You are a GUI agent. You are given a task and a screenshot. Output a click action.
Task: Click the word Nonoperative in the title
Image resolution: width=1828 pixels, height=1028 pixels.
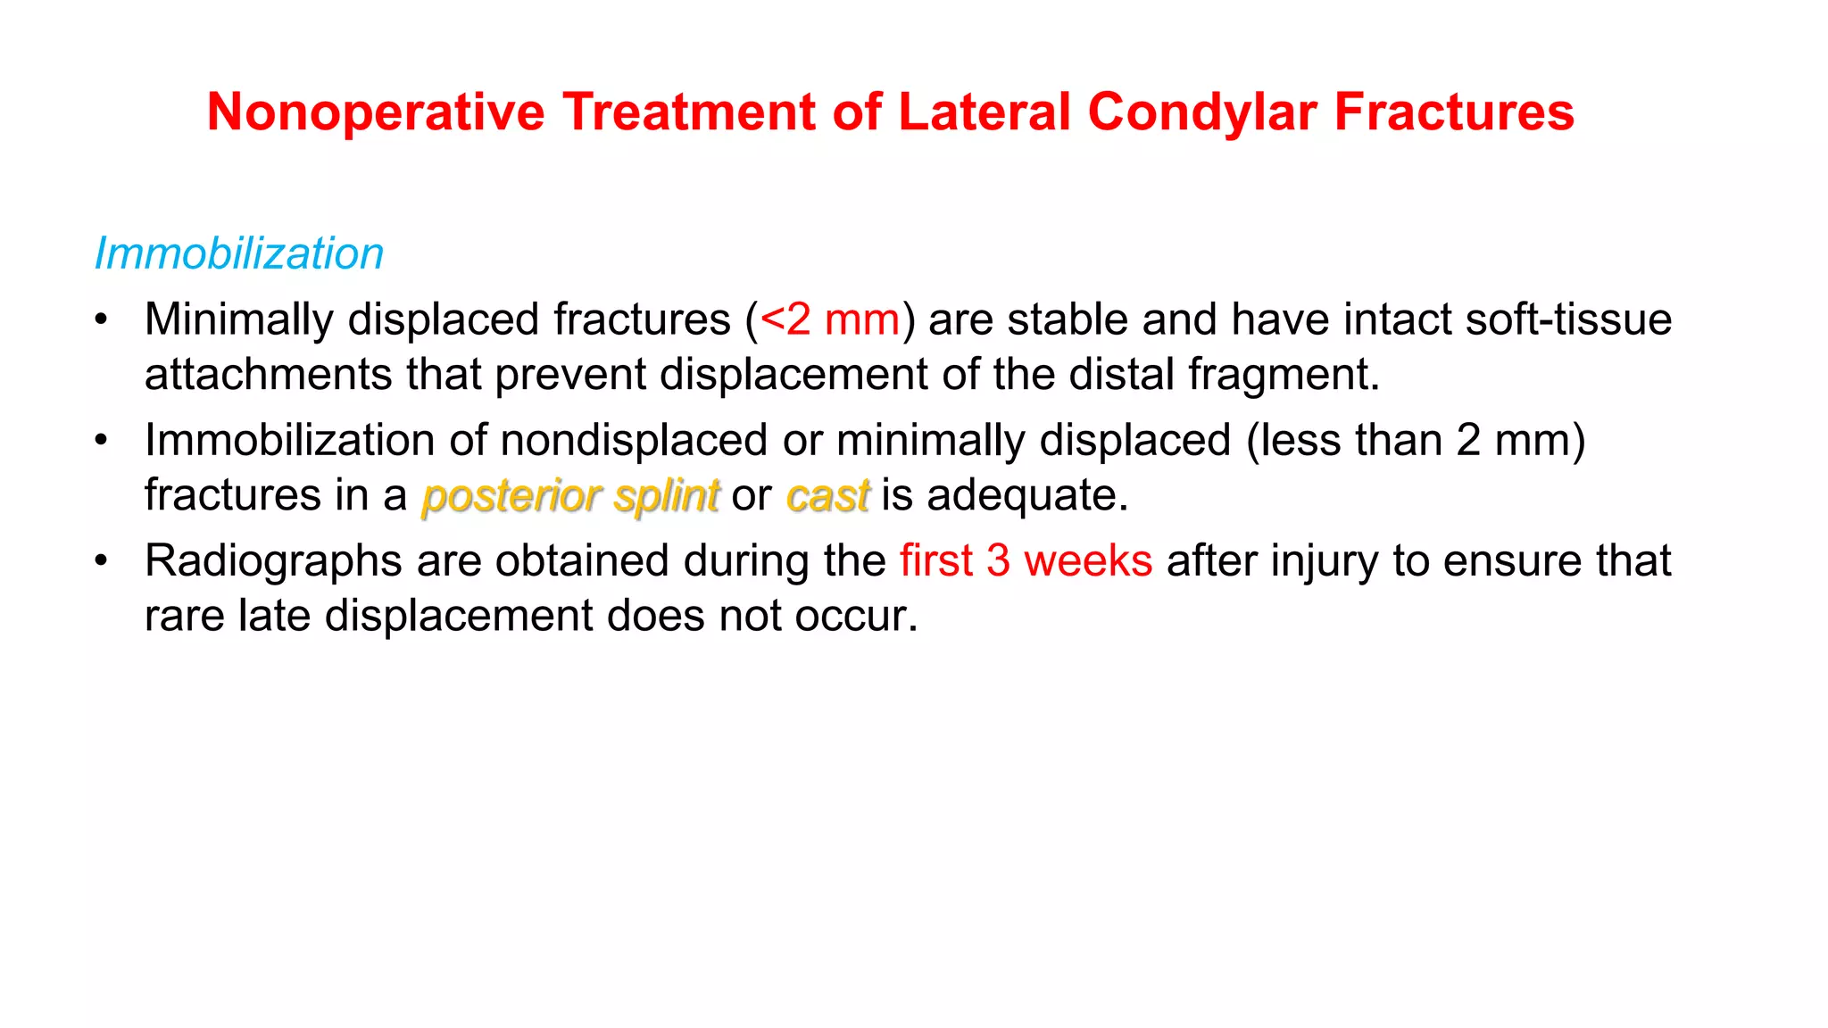tap(376, 112)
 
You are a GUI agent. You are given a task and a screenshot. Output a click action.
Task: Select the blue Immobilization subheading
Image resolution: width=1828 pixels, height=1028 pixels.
tap(239, 253)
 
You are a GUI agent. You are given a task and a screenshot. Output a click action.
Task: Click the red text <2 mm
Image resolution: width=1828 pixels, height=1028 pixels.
tap(830, 319)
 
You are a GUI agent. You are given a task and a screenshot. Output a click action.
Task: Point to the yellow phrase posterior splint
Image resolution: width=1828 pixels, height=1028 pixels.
tap(570, 495)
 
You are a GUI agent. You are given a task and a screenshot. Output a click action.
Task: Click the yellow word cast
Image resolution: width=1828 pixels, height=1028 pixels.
tap(827, 495)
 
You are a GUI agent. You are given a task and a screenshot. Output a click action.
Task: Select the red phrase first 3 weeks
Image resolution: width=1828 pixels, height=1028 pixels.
tap(1026, 561)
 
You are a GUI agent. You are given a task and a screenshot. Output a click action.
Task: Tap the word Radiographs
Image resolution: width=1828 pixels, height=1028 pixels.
tap(273, 561)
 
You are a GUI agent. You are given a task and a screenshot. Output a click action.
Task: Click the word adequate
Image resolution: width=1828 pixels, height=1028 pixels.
tap(1026, 495)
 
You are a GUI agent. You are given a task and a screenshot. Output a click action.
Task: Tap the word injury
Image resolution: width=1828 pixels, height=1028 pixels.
tap(1325, 561)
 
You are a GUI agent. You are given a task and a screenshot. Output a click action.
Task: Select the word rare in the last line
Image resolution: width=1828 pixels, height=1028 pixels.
tap(184, 616)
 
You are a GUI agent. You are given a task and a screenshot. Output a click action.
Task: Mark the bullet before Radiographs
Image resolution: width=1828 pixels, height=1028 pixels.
tap(102, 561)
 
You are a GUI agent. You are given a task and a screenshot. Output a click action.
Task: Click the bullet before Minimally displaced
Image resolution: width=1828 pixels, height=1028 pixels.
tap(102, 319)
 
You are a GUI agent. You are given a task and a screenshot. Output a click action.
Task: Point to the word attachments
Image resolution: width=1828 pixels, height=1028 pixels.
tap(268, 374)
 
